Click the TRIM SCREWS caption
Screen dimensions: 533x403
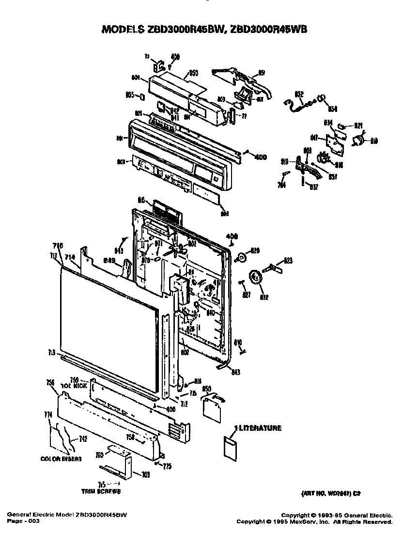point(101,491)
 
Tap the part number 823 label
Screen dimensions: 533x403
point(288,261)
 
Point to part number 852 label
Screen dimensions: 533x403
point(299,94)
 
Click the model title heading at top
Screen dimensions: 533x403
point(204,30)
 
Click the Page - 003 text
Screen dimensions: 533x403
point(24,521)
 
